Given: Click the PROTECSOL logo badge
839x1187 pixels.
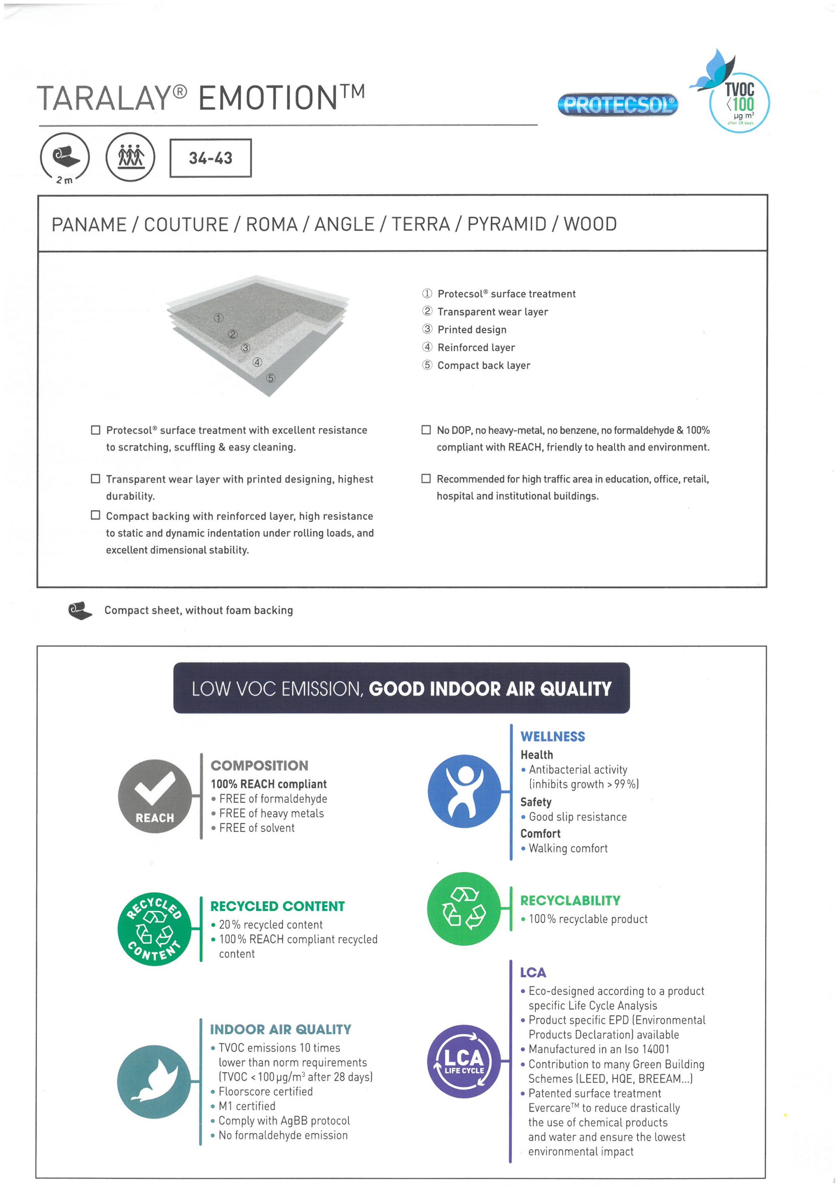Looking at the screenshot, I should coord(618,105).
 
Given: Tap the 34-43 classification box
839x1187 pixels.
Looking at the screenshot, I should coord(210,158).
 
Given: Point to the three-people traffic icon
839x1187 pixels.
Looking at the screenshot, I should coord(130,157).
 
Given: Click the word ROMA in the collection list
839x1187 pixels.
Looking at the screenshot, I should coord(271,224).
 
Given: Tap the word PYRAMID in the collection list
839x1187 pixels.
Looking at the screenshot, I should coord(507,224).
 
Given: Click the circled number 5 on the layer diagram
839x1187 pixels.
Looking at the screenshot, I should coord(270,378).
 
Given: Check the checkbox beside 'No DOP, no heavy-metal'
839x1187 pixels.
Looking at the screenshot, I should coord(426,430).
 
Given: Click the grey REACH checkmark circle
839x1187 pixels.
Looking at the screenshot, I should coord(155,796).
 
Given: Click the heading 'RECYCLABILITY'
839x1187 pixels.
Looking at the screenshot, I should coord(570,900).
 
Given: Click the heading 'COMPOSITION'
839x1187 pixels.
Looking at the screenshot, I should coord(259,765).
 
